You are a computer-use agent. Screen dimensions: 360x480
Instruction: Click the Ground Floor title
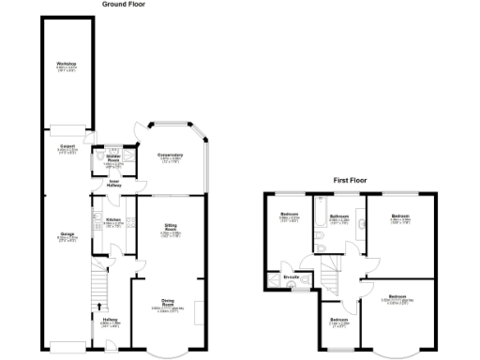124,5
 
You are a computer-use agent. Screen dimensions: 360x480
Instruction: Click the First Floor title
355,178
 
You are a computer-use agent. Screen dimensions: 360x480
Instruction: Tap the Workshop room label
66,64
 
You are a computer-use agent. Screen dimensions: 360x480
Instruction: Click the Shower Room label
112,160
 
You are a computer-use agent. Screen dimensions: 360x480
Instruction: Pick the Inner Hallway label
114,183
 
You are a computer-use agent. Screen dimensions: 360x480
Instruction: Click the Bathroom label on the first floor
339,217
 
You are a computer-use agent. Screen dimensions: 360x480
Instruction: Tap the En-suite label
293,277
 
